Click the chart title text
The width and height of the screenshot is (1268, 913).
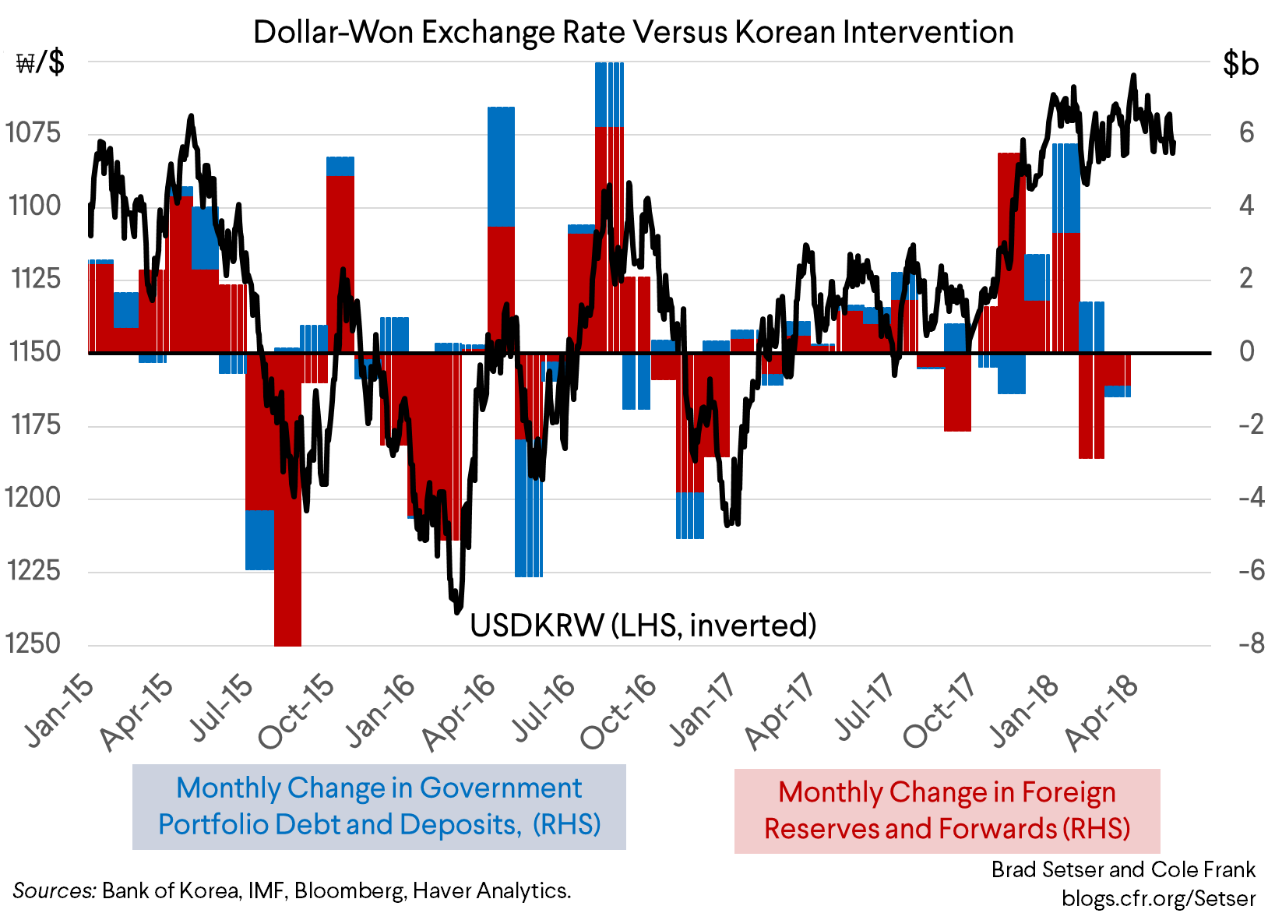click(x=633, y=33)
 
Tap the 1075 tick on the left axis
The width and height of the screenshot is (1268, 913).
click(x=33, y=132)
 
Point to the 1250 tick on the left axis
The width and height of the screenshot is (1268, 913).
click(x=33, y=643)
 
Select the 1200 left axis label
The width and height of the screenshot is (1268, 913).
click(x=33, y=497)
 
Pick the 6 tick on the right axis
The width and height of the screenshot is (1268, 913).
click(x=1246, y=132)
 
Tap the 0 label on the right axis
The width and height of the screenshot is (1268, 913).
click(x=1246, y=351)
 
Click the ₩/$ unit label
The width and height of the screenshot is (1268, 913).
click(x=41, y=63)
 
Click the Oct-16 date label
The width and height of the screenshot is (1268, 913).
click(x=619, y=712)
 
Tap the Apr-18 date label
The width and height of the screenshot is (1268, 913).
click(x=1103, y=712)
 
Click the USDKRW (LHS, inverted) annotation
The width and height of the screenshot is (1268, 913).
click(x=643, y=625)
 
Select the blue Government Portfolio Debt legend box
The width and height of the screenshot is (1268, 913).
click(x=379, y=806)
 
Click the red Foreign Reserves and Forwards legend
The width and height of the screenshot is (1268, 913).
click(x=947, y=811)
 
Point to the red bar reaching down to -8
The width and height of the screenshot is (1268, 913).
click(x=288, y=545)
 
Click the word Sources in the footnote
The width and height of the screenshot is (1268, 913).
click(x=54, y=890)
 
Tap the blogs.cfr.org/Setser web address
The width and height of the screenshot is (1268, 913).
click(x=1158, y=898)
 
